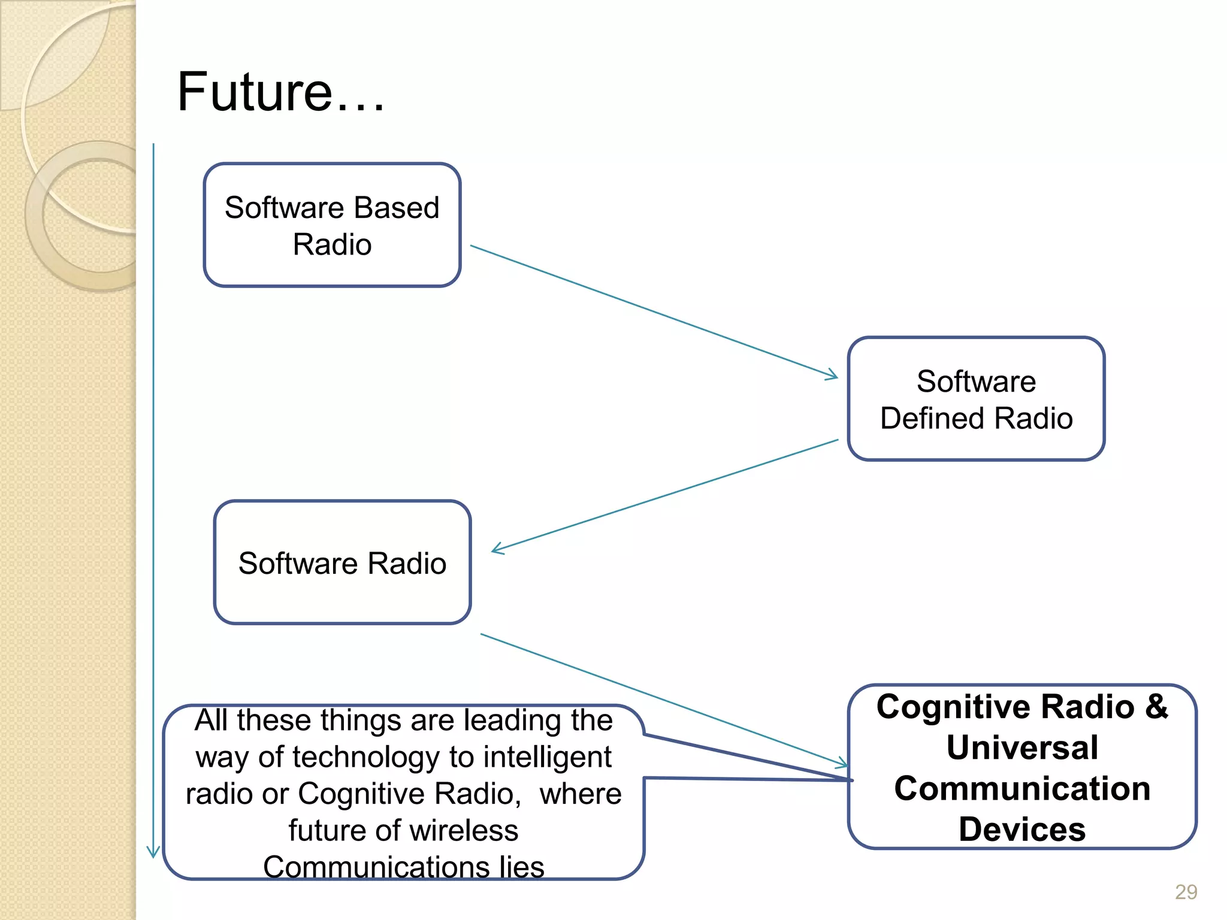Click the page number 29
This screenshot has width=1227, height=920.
pos(1186,892)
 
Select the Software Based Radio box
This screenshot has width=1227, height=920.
pos(332,225)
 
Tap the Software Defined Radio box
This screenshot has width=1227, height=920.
pos(976,399)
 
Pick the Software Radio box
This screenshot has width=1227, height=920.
pos(342,563)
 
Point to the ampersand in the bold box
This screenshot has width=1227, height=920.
pos(1157,707)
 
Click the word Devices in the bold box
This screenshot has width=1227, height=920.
pos(1022,830)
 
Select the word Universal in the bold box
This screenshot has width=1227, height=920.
pos(1022,747)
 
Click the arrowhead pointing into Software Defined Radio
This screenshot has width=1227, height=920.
pos(833,376)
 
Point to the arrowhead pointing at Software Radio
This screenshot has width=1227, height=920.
pos(496,549)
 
